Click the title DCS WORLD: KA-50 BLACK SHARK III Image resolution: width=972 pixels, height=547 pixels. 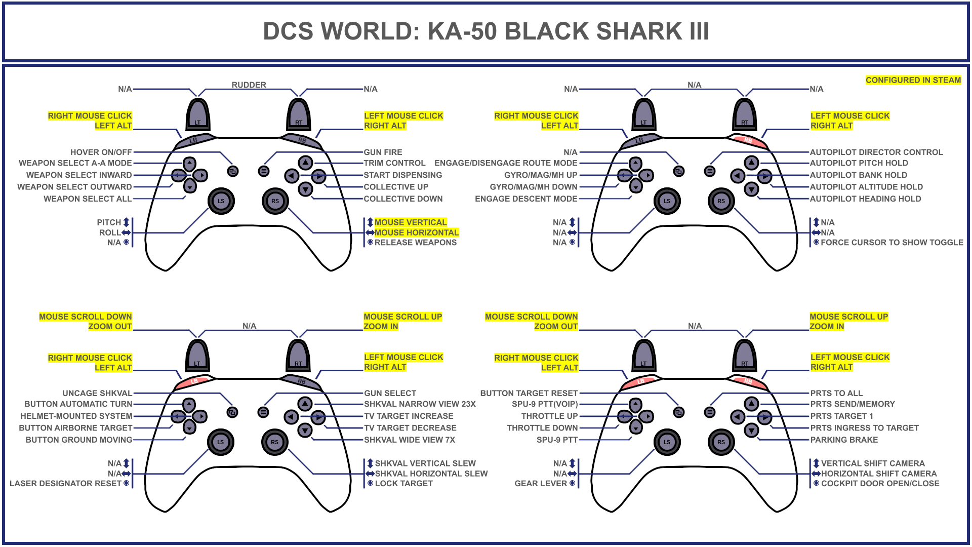(485, 31)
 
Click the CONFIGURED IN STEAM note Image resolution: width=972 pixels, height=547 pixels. (913, 80)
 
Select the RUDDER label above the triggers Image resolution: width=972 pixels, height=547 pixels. (249, 85)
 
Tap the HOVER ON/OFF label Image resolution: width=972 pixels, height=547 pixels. (101, 152)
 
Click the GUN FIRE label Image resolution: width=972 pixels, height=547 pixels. (383, 152)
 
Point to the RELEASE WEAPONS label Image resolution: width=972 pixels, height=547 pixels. (415, 243)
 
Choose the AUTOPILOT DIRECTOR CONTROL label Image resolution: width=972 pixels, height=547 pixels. (876, 152)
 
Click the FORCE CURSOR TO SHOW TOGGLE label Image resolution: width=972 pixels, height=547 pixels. (892, 243)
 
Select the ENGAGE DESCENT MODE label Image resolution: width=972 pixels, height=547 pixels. (526, 199)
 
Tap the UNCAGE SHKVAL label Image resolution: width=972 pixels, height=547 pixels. (97, 393)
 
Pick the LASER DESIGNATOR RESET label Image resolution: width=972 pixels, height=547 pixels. (66, 483)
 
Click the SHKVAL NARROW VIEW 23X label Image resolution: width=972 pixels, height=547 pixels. (420, 404)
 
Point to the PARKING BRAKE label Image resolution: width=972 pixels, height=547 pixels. (844, 440)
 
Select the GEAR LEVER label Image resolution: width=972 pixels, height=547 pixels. (541, 483)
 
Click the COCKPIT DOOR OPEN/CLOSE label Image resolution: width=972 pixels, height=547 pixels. (880, 483)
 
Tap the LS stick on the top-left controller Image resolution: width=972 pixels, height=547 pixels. (221, 201)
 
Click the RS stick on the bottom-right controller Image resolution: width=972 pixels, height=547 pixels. (721, 442)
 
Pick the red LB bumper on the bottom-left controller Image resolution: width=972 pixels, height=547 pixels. (194, 381)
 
